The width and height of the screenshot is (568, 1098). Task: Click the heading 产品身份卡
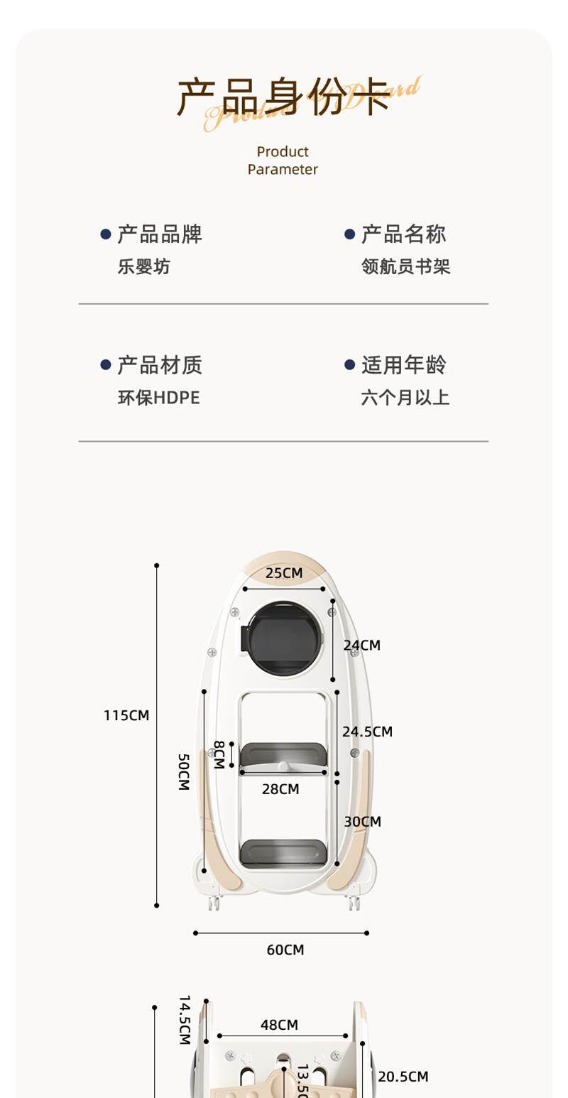[283, 97]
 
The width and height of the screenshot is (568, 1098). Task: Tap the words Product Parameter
[283, 161]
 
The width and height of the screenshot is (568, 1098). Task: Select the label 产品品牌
[160, 234]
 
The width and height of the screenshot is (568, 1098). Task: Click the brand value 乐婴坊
[144, 267]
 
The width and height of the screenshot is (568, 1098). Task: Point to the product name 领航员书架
[405, 267]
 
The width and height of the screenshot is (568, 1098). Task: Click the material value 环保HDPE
[159, 398]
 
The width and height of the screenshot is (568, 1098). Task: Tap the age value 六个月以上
[405, 398]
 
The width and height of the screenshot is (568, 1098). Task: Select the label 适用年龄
[404, 365]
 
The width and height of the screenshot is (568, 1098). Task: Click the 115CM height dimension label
[126, 716]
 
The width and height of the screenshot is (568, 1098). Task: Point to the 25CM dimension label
[284, 573]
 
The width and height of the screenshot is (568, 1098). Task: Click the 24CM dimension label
[362, 646]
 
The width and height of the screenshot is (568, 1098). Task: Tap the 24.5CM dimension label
[367, 732]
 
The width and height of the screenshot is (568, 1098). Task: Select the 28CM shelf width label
[280, 789]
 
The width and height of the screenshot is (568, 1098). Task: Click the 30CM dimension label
[363, 822]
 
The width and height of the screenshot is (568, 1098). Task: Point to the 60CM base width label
[285, 950]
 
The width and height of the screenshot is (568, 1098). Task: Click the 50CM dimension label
[183, 772]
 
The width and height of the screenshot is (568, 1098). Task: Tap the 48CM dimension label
[279, 1025]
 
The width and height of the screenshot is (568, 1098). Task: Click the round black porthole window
[283, 638]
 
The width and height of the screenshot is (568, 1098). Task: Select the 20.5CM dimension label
[403, 1077]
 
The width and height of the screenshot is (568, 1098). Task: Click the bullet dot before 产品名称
[349, 234]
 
